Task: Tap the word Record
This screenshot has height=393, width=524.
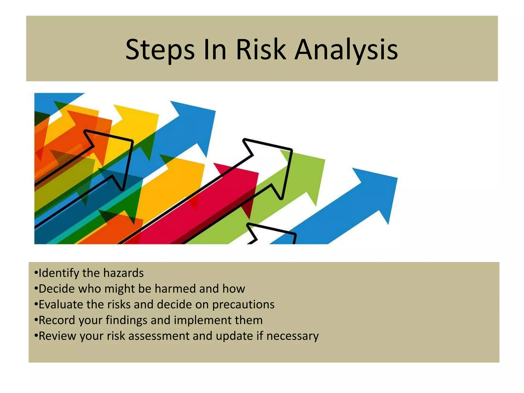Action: point(57,320)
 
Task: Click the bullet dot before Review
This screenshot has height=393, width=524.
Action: point(36,335)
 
